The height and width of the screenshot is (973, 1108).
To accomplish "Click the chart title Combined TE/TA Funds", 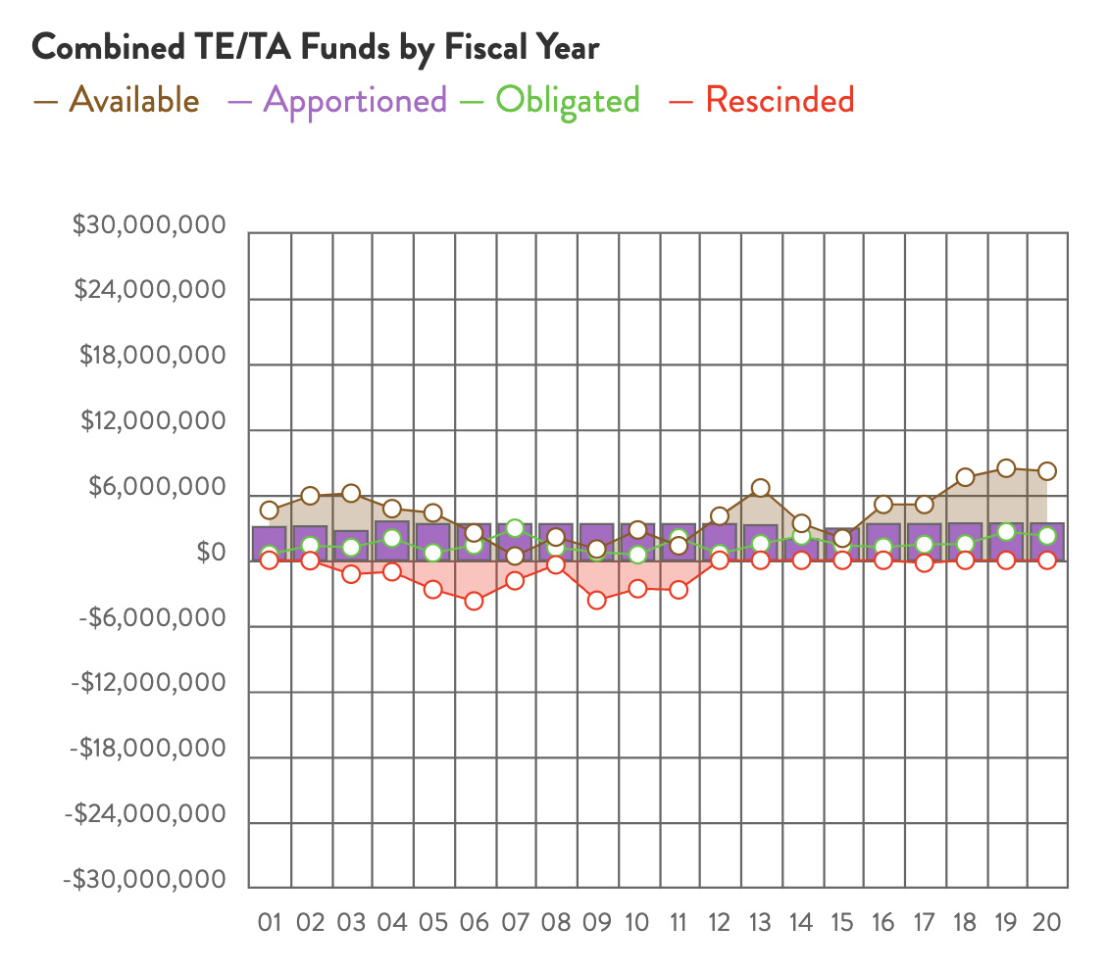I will (x=316, y=48).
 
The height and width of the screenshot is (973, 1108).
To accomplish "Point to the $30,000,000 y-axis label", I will (x=150, y=227).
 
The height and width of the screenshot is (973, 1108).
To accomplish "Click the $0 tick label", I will (x=209, y=555).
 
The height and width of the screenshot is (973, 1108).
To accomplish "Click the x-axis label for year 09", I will (x=596, y=923).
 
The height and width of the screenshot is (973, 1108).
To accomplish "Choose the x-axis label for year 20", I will (x=1046, y=923).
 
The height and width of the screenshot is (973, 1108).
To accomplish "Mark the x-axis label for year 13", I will (x=760, y=923).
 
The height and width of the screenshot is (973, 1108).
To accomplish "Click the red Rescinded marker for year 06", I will (x=474, y=601).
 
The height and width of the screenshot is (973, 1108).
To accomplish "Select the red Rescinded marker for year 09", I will (x=596, y=600).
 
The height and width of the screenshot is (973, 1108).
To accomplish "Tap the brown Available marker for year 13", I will (x=760, y=488).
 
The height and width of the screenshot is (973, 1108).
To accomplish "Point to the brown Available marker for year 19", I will (x=1005, y=467).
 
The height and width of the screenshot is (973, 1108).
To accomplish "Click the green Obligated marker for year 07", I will (x=515, y=528).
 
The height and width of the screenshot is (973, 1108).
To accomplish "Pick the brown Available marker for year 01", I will (x=270, y=510).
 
